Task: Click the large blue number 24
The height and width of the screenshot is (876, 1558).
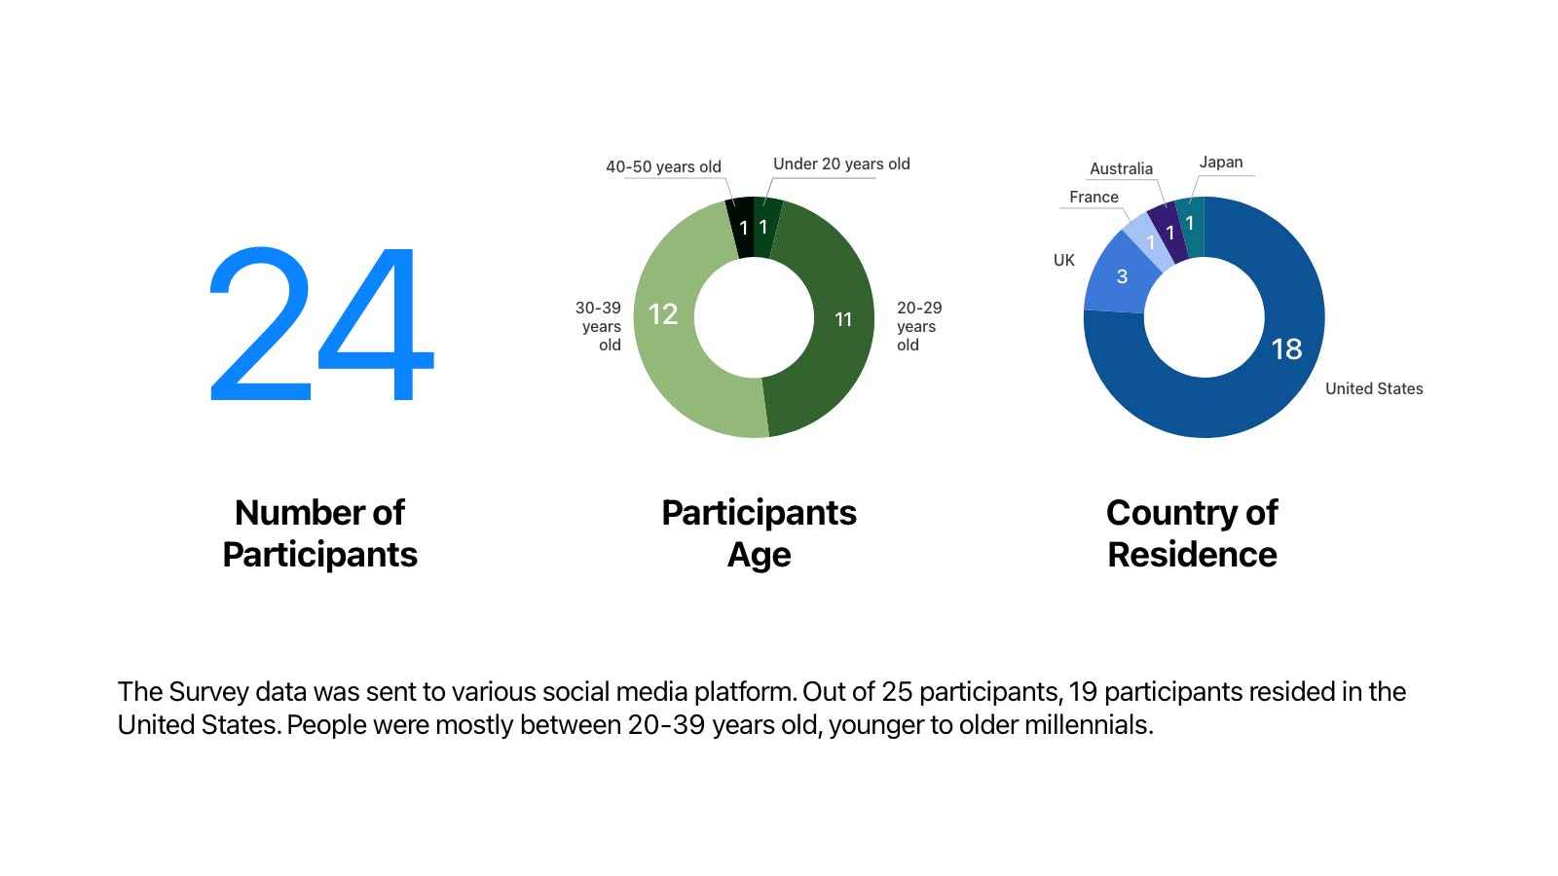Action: click(x=321, y=324)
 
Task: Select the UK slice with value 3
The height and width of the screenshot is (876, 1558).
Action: click(x=1120, y=276)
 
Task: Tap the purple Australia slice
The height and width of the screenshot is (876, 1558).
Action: click(x=1168, y=232)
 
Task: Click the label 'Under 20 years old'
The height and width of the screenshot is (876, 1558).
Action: click(x=841, y=164)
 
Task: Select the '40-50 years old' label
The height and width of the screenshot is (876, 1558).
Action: click(x=663, y=166)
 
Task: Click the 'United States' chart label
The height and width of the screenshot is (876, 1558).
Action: click(x=1374, y=388)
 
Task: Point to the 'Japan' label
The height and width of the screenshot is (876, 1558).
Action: click(x=1220, y=162)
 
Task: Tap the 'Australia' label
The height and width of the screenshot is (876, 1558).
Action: click(x=1121, y=168)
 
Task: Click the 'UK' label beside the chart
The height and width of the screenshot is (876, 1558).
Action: click(x=1063, y=260)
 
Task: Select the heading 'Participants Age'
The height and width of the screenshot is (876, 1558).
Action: click(x=759, y=532)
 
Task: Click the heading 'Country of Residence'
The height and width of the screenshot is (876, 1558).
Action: click(x=1192, y=532)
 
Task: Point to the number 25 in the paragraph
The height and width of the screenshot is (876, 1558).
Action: click(x=896, y=691)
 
